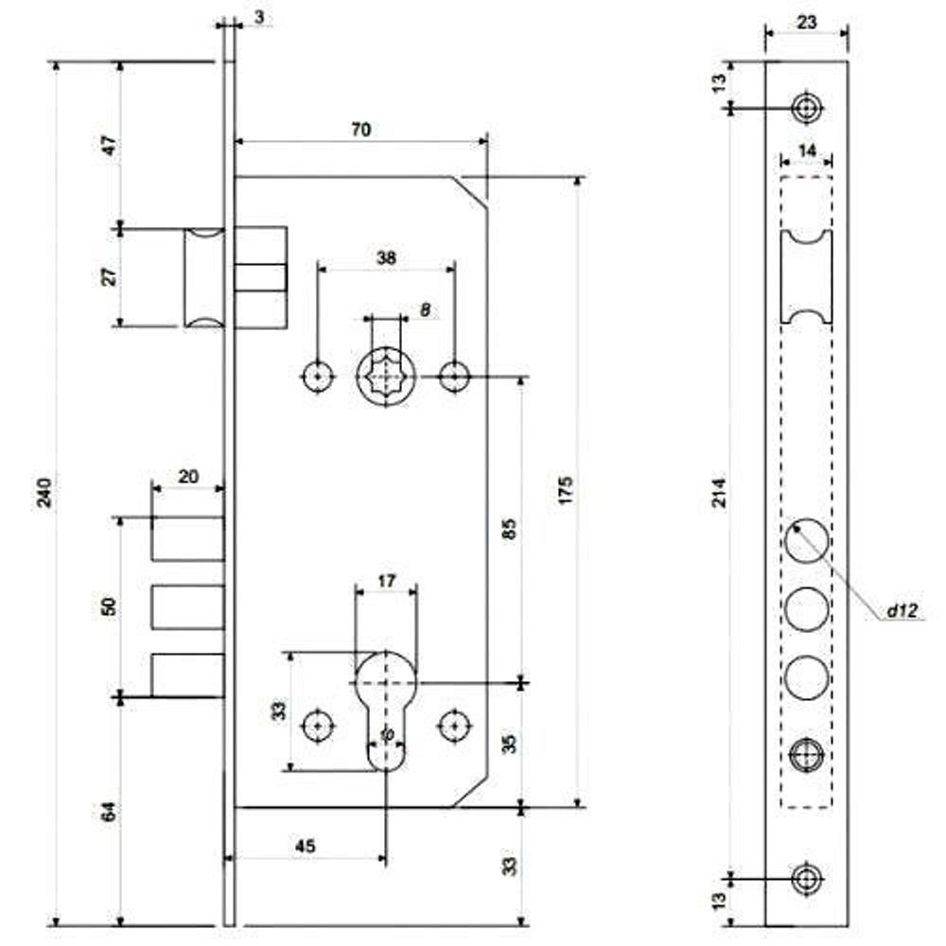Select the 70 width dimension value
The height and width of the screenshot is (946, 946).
click(360, 130)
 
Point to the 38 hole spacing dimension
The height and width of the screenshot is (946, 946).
click(386, 256)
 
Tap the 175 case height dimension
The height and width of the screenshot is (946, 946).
click(567, 491)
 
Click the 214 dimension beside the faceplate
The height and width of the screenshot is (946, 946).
click(719, 493)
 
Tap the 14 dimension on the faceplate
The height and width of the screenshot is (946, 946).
click(806, 150)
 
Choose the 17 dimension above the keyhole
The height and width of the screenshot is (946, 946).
click(386, 582)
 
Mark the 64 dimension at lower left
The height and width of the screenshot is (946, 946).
click(108, 812)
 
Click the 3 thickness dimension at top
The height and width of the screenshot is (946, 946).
click(257, 18)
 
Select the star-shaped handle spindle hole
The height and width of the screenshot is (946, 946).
click(386, 377)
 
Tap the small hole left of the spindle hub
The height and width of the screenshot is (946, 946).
click(318, 377)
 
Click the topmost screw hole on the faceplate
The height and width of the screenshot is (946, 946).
click(806, 109)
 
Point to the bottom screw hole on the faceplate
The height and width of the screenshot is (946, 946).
click(806, 879)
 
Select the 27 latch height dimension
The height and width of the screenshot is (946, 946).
click(108, 277)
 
